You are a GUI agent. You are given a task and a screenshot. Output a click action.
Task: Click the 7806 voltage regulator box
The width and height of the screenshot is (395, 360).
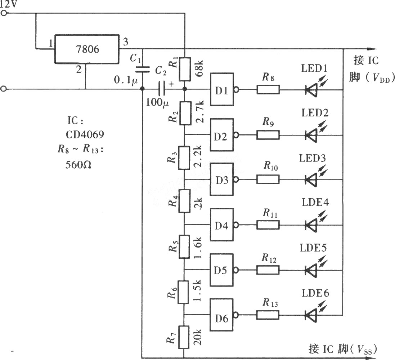[x=87, y=49]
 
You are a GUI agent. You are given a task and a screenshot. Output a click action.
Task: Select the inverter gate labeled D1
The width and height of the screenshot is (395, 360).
[x=222, y=89]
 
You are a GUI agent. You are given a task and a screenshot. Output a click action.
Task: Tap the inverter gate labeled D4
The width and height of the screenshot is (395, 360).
[x=222, y=225]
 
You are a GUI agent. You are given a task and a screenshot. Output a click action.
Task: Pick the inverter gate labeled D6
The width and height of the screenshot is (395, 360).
[x=222, y=315]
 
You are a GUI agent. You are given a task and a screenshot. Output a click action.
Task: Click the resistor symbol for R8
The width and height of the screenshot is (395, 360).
[x=268, y=89]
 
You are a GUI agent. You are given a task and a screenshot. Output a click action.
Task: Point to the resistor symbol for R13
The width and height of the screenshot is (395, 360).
[x=268, y=315]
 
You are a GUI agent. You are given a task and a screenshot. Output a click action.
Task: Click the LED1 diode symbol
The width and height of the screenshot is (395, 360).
[x=311, y=89]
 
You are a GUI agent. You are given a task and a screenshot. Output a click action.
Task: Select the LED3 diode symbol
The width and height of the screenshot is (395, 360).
[x=311, y=180]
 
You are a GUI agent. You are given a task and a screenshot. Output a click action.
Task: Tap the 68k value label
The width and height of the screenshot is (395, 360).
[x=199, y=68]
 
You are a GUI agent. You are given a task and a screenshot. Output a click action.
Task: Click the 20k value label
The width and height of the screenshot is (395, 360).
[x=197, y=337]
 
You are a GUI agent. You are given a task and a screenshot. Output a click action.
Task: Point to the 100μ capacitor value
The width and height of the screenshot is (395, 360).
[x=157, y=102]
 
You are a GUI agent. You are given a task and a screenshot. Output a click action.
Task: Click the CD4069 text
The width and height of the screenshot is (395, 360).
[x=85, y=135]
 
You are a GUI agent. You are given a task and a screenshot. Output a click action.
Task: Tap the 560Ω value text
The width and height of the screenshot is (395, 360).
[x=78, y=165]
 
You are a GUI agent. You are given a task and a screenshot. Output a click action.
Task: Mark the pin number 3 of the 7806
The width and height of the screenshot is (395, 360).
[x=125, y=41]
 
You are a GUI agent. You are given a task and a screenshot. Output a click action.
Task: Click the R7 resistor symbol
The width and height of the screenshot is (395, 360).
[x=184, y=337]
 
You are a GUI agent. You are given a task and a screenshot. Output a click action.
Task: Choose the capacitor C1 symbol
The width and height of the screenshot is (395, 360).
[x=142, y=69]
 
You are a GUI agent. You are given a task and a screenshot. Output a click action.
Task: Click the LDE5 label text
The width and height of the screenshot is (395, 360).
[x=313, y=248]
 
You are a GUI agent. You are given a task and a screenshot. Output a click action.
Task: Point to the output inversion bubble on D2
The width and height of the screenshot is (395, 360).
[x=236, y=135]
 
